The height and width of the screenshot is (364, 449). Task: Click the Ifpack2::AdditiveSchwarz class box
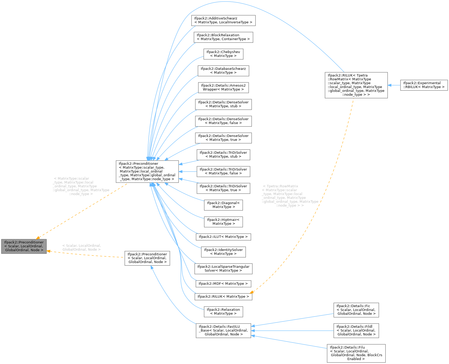[223, 20]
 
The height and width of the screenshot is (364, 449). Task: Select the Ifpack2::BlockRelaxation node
[223, 37]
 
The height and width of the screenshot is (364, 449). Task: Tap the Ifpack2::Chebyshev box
[223, 54]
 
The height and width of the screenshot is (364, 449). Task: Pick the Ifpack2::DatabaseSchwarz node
[223, 71]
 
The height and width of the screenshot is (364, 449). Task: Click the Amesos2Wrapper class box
[223, 88]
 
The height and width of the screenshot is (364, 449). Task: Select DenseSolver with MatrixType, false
[223, 121]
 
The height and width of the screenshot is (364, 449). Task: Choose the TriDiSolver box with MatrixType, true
[223, 188]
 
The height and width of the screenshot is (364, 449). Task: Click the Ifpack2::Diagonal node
[223, 205]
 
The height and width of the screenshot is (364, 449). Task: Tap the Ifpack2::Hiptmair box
[223, 222]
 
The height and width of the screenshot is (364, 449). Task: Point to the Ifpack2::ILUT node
[223, 237]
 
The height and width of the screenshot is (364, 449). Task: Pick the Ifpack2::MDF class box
[223, 284]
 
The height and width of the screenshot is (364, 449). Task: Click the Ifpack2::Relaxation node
[223, 312]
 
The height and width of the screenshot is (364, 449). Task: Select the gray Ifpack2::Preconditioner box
[24, 246]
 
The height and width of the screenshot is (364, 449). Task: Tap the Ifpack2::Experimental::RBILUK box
[424, 85]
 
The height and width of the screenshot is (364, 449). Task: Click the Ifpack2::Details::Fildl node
[356, 330]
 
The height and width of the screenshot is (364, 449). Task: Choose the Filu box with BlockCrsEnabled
[356, 353]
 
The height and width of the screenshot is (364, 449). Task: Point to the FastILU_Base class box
[223, 330]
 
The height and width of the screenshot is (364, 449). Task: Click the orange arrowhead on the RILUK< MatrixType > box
[252, 292]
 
